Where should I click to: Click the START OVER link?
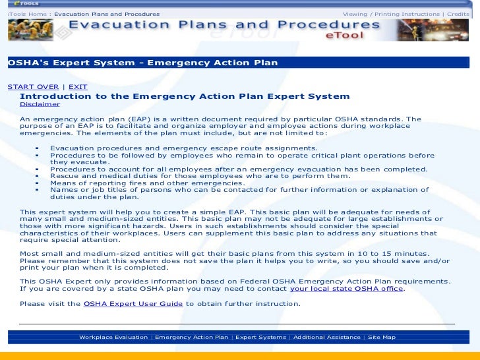click(x=33, y=87)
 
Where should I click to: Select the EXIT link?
click(x=78, y=87)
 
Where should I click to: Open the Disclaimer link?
click(x=40, y=104)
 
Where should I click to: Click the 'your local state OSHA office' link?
click(x=346, y=289)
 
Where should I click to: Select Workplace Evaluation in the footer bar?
click(x=113, y=337)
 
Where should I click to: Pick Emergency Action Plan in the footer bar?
click(x=191, y=337)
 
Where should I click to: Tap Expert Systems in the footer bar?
click(x=260, y=337)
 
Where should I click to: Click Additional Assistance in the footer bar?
click(x=326, y=337)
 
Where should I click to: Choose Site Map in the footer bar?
click(x=382, y=337)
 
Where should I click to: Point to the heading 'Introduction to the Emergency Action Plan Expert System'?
click(x=185, y=96)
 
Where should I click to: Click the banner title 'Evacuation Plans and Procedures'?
click(x=224, y=26)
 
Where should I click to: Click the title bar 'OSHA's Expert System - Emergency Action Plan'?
click(x=142, y=63)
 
